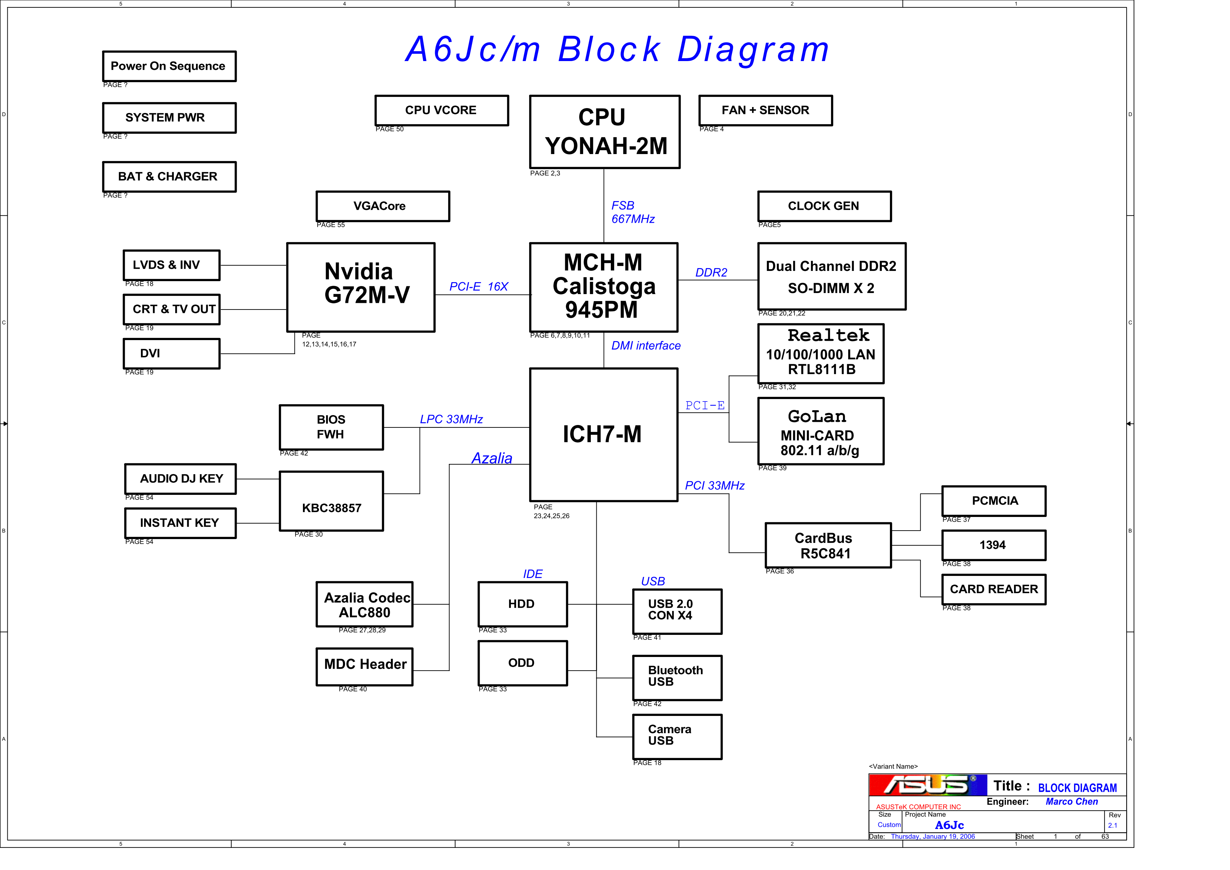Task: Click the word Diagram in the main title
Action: point(753,49)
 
